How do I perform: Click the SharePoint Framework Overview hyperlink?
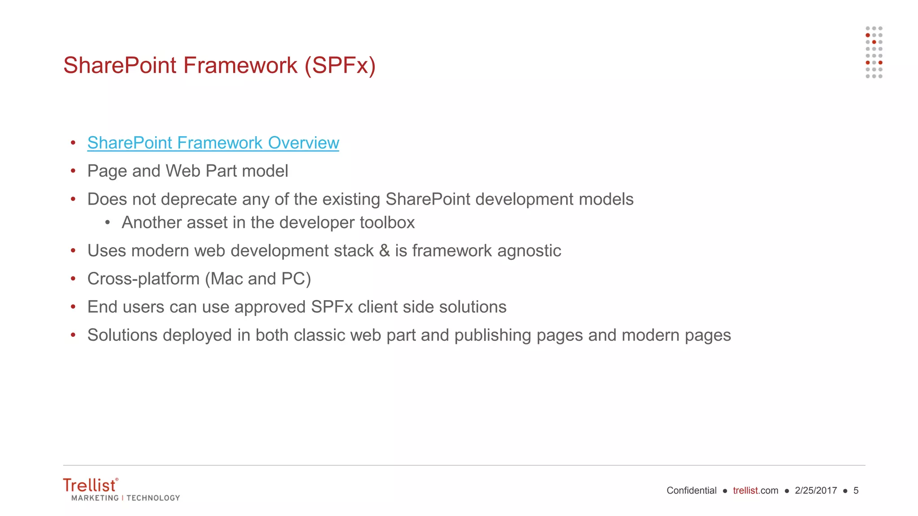[213, 143]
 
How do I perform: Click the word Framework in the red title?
[240, 65]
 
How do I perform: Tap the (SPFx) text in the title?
[340, 65]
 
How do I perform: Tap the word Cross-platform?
[143, 279]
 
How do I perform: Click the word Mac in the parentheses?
[227, 279]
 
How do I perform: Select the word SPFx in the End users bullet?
[332, 307]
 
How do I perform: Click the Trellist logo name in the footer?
[90, 486]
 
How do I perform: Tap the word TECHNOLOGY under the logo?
[153, 498]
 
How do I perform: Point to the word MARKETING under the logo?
[95, 498]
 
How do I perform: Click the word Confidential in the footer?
[691, 490]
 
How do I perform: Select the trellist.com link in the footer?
[755, 490]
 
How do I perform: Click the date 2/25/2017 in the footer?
[816, 490]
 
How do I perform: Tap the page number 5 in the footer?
[856, 490]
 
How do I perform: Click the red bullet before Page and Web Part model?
[73, 171]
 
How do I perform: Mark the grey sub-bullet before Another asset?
[108, 223]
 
